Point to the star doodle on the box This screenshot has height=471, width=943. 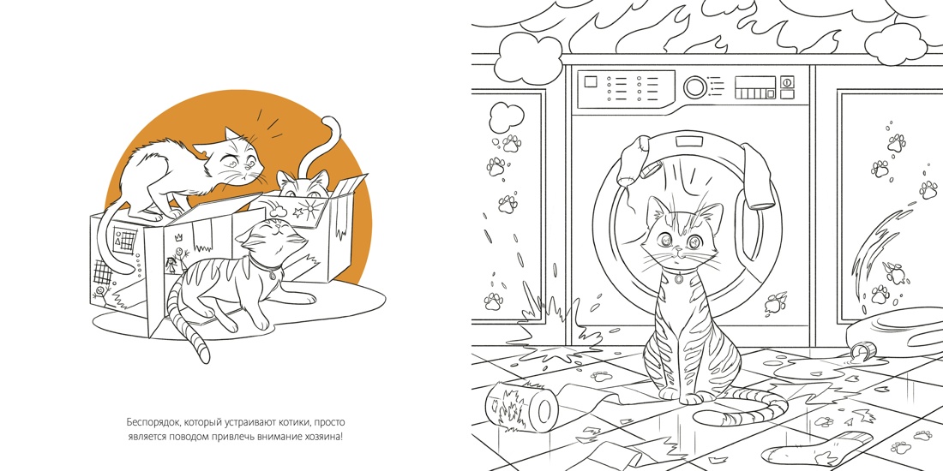[x=297, y=212]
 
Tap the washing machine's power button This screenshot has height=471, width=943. [x=787, y=81]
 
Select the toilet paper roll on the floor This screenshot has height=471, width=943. [x=522, y=406]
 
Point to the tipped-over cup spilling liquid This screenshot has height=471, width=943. [x=862, y=349]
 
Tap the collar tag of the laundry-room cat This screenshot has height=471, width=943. [x=678, y=278]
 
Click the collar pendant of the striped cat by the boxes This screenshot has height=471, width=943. [x=273, y=275]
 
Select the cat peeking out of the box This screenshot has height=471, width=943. [x=303, y=184]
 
